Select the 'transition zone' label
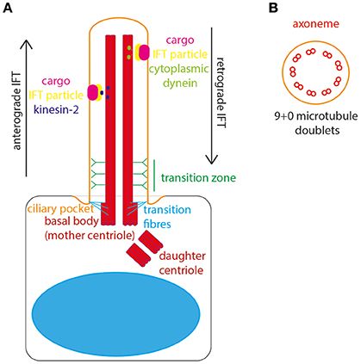[201, 178]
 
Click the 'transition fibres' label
[167, 214]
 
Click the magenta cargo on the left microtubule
[92, 92]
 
